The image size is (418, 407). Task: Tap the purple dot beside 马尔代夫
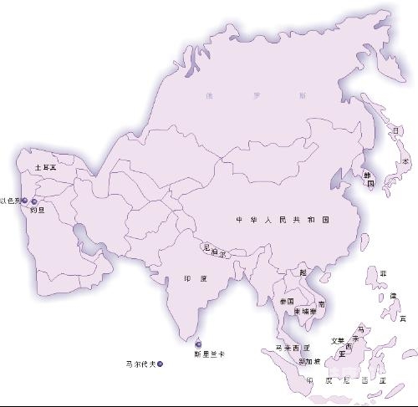[160, 364]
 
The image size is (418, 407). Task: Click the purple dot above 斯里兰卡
[198, 343]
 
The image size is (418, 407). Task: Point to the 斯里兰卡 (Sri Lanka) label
[208, 354]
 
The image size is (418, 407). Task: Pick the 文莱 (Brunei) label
[337, 340]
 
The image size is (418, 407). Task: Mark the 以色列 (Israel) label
[10, 201]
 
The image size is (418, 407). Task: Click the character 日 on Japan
[395, 130]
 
